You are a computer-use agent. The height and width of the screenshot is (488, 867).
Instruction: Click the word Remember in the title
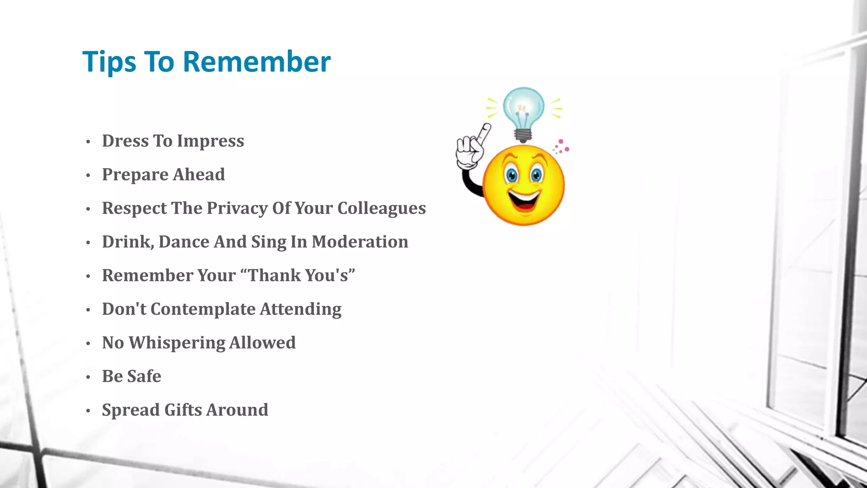pyautogui.click(x=257, y=62)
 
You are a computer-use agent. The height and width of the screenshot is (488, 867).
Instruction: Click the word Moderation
pyautogui.click(x=360, y=242)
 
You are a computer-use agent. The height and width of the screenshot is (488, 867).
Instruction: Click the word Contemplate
pyautogui.click(x=203, y=309)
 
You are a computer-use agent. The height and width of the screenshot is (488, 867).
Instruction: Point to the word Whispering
pyautogui.click(x=177, y=343)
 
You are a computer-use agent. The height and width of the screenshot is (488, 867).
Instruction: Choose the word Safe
pyautogui.click(x=144, y=376)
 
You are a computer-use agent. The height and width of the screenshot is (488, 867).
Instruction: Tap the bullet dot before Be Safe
pyautogui.click(x=88, y=377)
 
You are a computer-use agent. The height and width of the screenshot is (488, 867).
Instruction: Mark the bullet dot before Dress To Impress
pyautogui.click(x=88, y=142)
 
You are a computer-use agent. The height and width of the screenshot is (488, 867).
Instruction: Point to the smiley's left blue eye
pyautogui.click(x=511, y=175)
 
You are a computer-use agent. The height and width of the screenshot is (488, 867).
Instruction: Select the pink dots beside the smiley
pyautogui.click(x=561, y=147)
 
